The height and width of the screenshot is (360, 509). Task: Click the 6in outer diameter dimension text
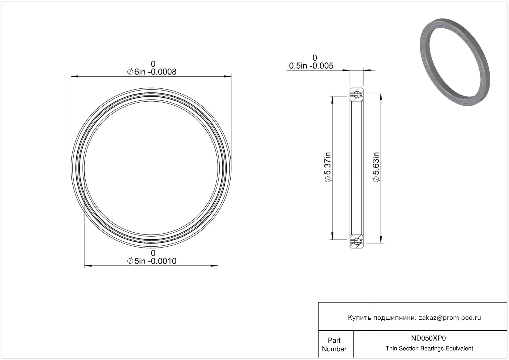(x=152, y=72)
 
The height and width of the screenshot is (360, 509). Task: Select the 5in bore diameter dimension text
(x=152, y=261)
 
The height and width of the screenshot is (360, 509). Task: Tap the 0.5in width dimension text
(x=311, y=66)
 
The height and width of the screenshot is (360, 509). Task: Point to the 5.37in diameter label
(x=328, y=167)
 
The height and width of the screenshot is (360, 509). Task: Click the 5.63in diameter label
(x=376, y=167)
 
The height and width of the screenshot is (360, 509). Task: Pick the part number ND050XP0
(x=428, y=338)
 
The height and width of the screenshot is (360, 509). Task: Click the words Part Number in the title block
(x=334, y=345)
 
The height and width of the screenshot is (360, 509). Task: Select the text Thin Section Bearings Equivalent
(x=429, y=349)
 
